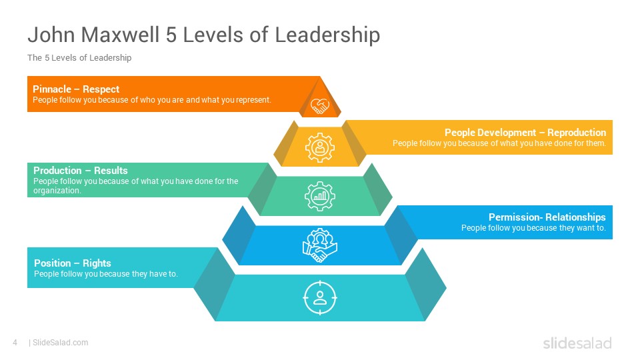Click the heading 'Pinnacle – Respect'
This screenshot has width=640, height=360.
click(76, 89)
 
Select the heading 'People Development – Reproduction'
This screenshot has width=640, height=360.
click(525, 133)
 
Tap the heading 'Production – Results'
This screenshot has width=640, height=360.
click(81, 170)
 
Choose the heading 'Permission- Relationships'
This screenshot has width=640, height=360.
click(547, 217)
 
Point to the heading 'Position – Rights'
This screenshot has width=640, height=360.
click(72, 263)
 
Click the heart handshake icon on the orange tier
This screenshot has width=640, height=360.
click(320, 106)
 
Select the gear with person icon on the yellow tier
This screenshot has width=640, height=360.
click(320, 147)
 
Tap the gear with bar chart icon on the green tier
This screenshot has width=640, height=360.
click(320, 196)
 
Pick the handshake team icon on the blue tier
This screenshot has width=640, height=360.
click(320, 245)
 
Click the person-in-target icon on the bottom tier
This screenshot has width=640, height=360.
click(320, 298)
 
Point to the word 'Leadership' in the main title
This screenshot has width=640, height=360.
click(327, 35)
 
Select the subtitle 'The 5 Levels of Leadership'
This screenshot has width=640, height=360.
click(79, 57)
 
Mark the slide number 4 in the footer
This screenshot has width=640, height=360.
click(15, 343)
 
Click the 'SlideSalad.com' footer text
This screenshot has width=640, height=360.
click(61, 343)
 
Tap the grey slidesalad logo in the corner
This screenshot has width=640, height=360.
click(577, 343)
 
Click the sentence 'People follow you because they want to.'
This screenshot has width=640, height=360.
click(533, 228)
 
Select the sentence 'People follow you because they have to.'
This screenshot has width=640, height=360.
click(106, 274)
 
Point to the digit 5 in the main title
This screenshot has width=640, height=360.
click(171, 35)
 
